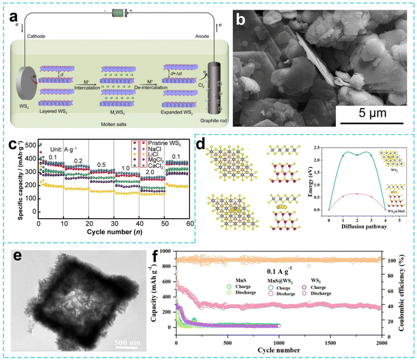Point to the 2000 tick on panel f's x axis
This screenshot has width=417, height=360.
381,340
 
